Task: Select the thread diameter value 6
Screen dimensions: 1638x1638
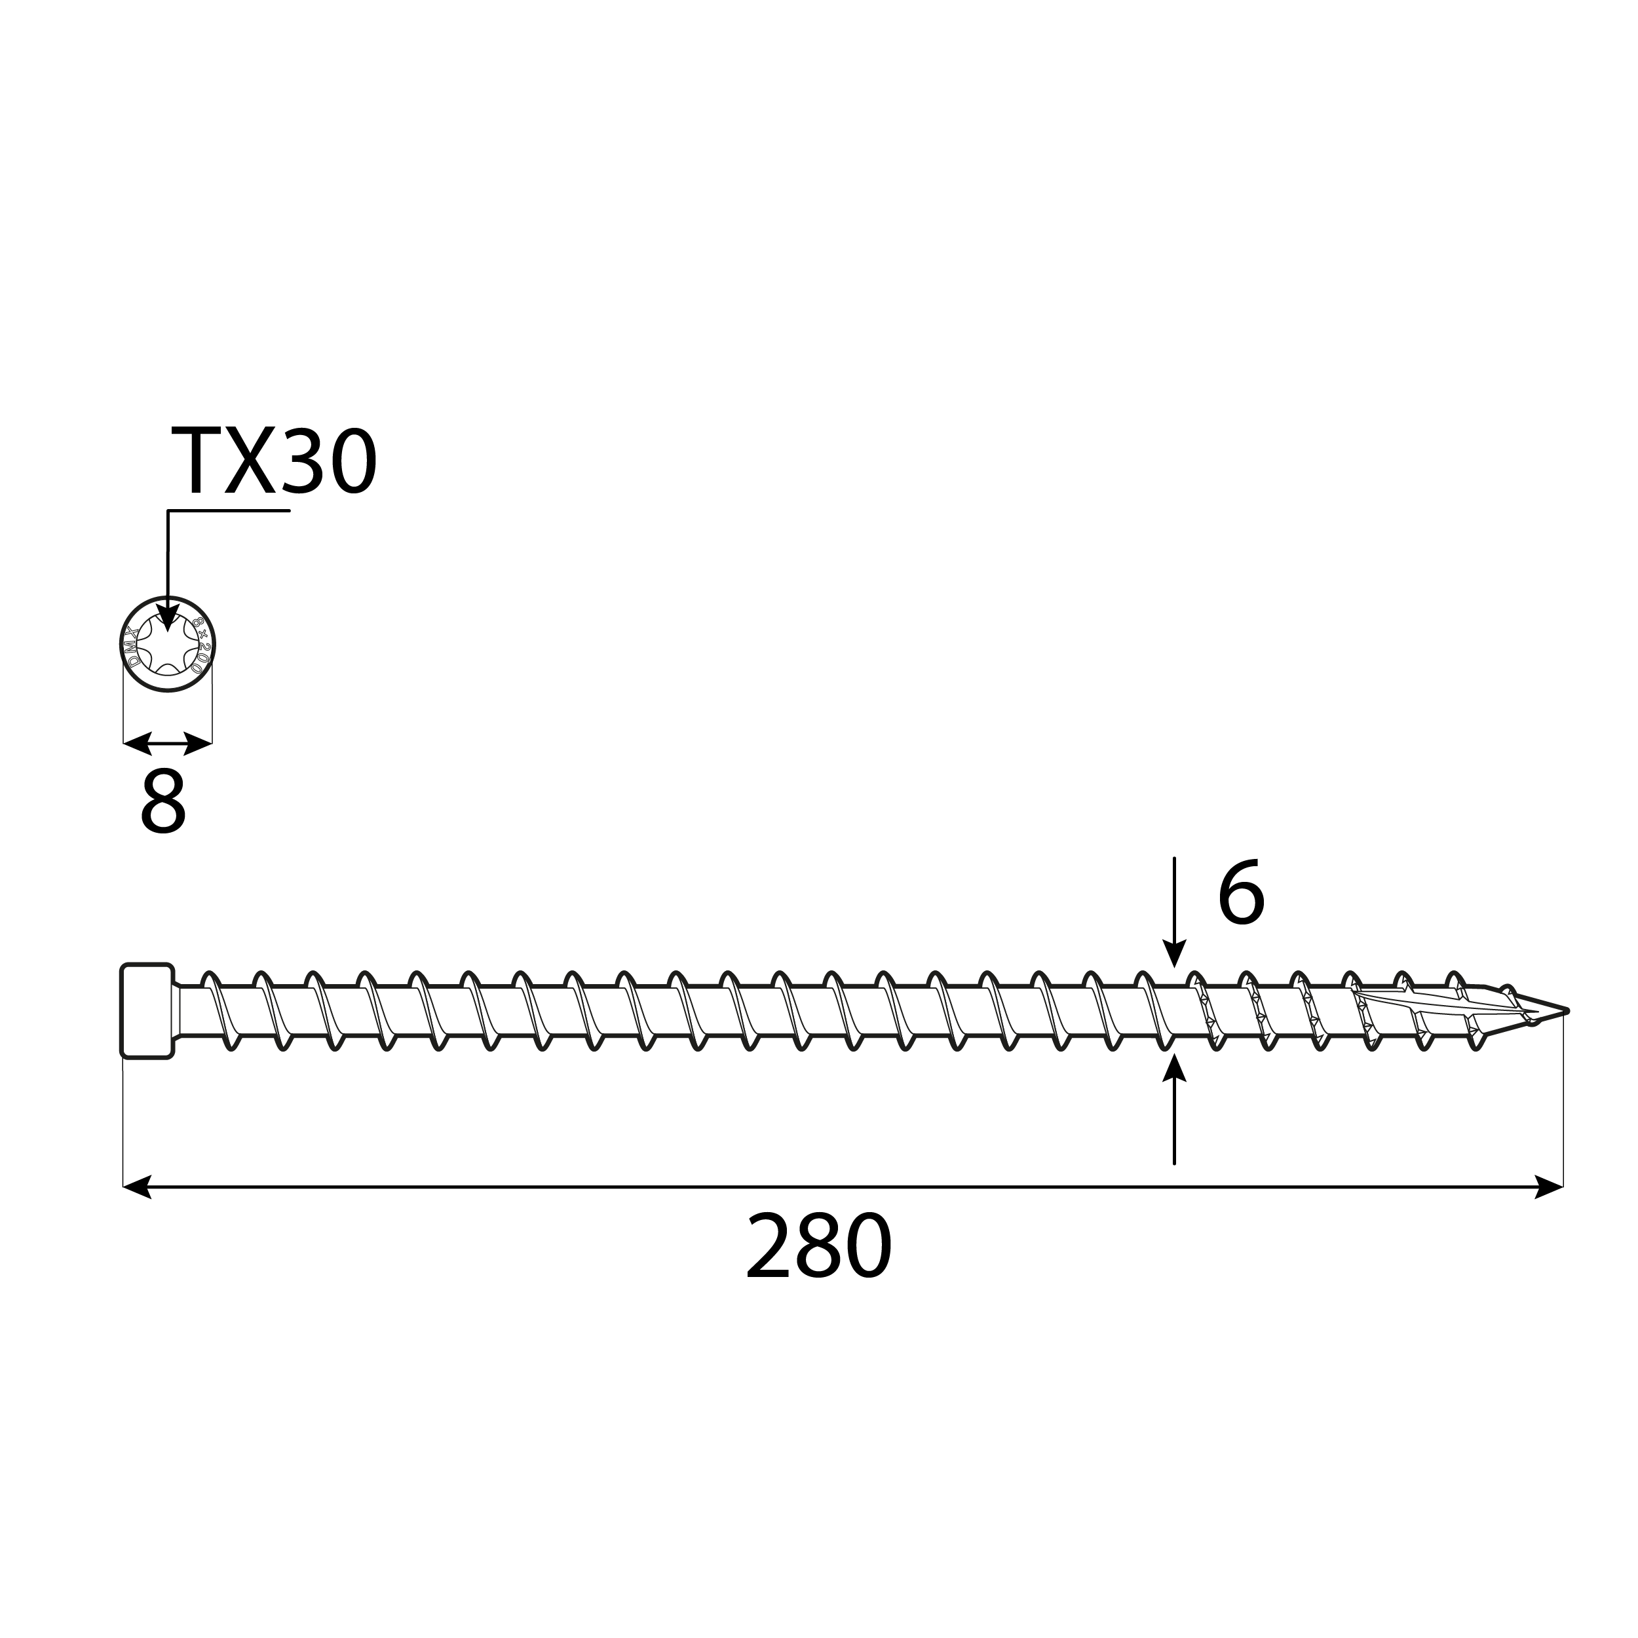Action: click(1240, 894)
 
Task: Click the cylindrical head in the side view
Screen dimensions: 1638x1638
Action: click(147, 1010)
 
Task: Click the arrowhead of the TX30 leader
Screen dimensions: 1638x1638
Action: click(168, 618)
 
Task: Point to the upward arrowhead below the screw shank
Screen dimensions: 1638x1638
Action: click(1174, 1068)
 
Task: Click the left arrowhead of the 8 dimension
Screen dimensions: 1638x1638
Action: click(136, 744)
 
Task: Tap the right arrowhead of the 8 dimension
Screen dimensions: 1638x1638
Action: click(199, 744)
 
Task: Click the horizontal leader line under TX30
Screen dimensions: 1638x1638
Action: click(229, 510)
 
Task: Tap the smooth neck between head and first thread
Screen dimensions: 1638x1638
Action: click(188, 1010)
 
